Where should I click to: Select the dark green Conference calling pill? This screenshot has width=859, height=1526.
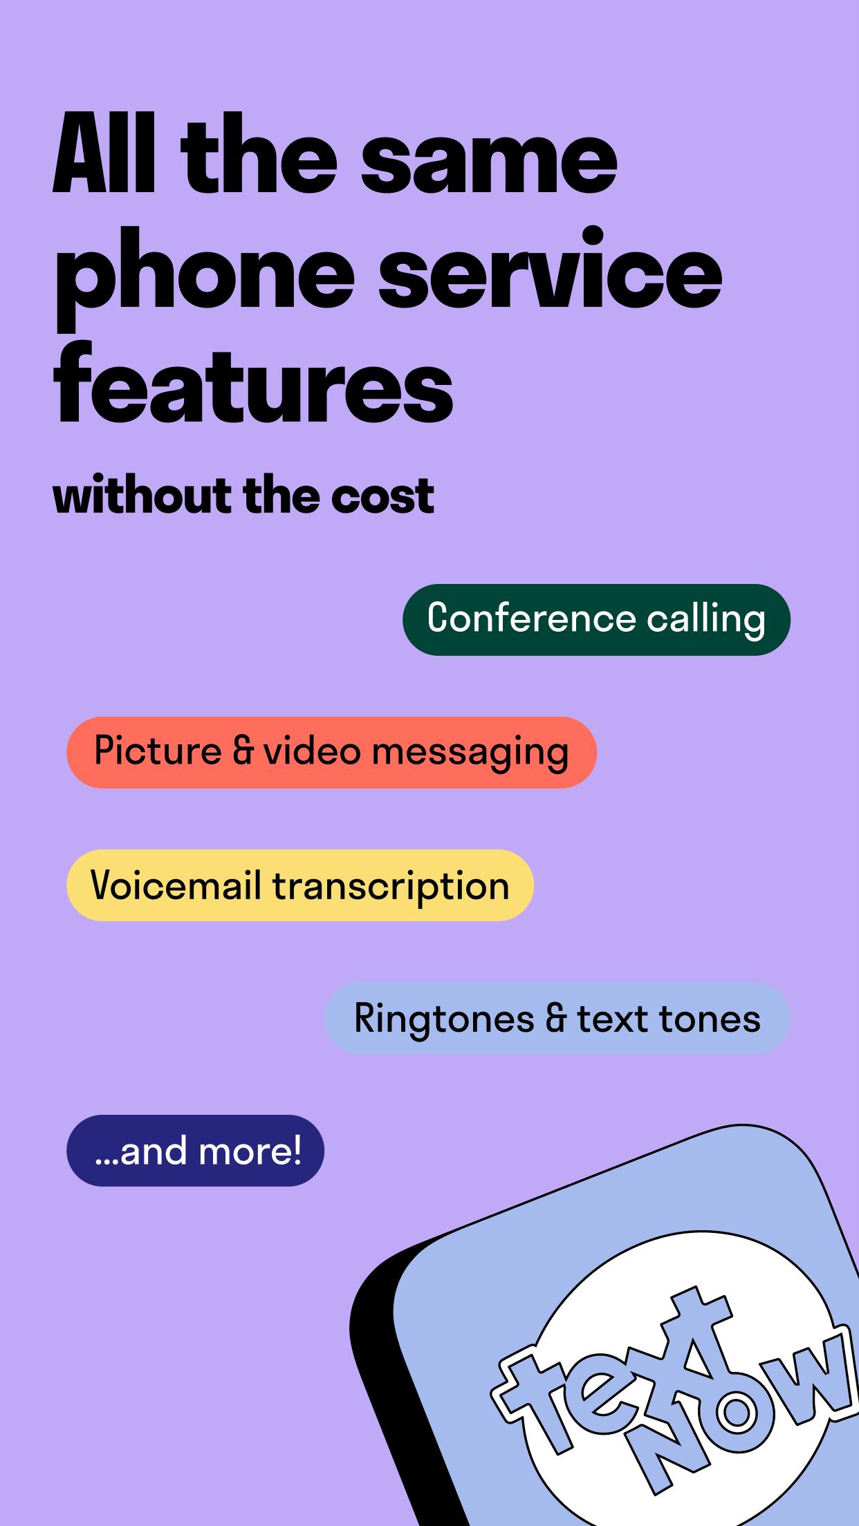(596, 619)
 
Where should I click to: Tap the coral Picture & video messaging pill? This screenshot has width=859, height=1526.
(331, 752)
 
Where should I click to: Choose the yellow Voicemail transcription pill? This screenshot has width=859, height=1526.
(300, 885)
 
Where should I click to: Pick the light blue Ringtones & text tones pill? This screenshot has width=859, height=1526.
(557, 1017)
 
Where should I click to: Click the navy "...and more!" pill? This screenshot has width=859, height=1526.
(195, 1151)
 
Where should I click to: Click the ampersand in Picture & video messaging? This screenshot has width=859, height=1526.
(243, 751)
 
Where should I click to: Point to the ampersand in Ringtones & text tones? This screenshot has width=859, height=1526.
(556, 1019)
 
